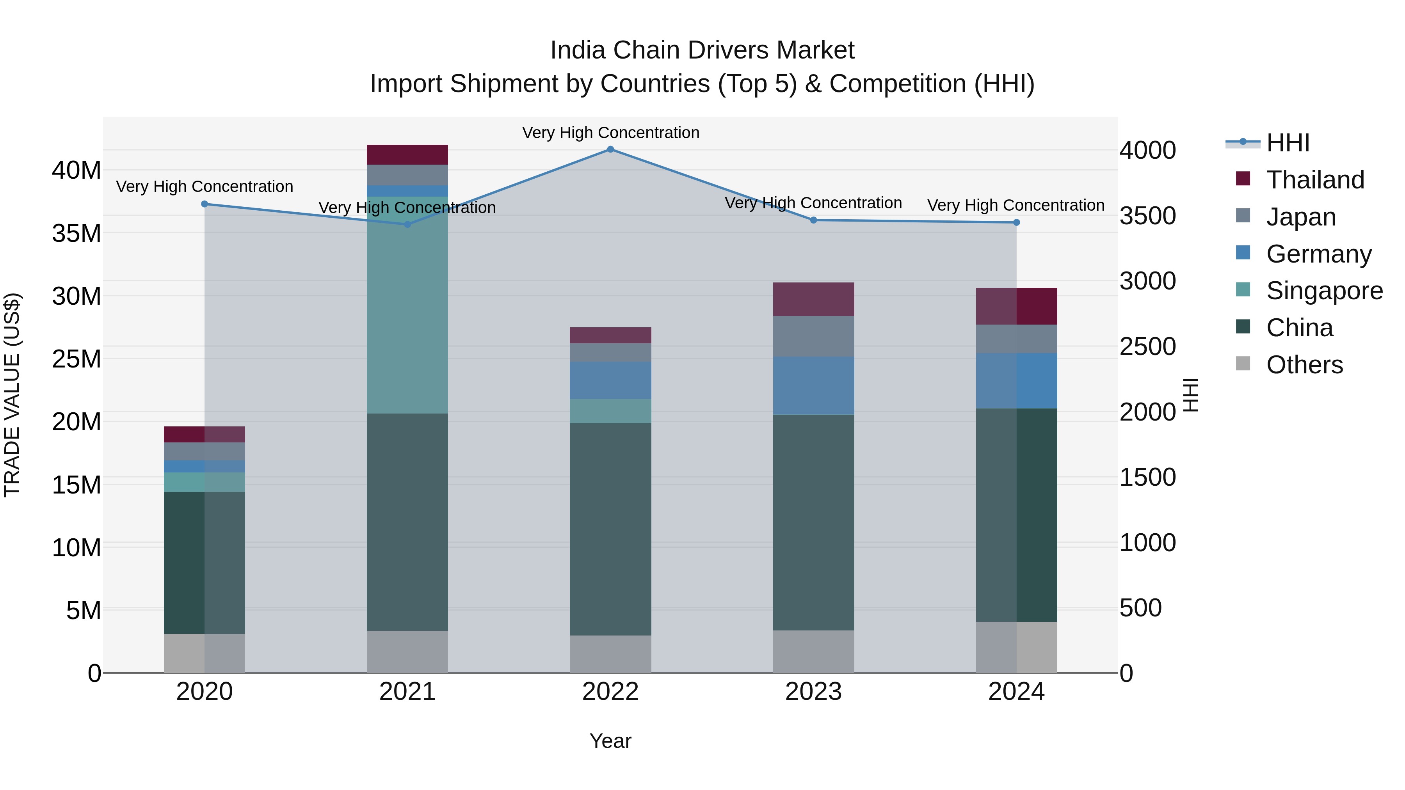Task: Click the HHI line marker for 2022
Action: [610, 149]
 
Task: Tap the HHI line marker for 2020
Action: [205, 204]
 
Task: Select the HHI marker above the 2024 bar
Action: [1016, 222]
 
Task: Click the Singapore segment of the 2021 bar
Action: [407, 305]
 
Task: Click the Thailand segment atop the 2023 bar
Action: [813, 299]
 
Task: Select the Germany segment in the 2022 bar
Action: [610, 380]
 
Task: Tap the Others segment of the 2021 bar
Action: [407, 652]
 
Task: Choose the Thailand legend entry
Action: [1315, 180]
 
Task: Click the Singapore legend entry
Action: [1324, 291]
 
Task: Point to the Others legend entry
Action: [1304, 365]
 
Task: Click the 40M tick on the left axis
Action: [76, 170]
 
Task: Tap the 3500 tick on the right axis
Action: [1147, 216]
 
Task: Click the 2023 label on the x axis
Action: [813, 692]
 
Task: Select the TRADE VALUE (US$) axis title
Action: [12, 395]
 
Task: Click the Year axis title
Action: [610, 741]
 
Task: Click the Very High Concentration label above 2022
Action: [610, 133]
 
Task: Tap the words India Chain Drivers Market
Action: [702, 50]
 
